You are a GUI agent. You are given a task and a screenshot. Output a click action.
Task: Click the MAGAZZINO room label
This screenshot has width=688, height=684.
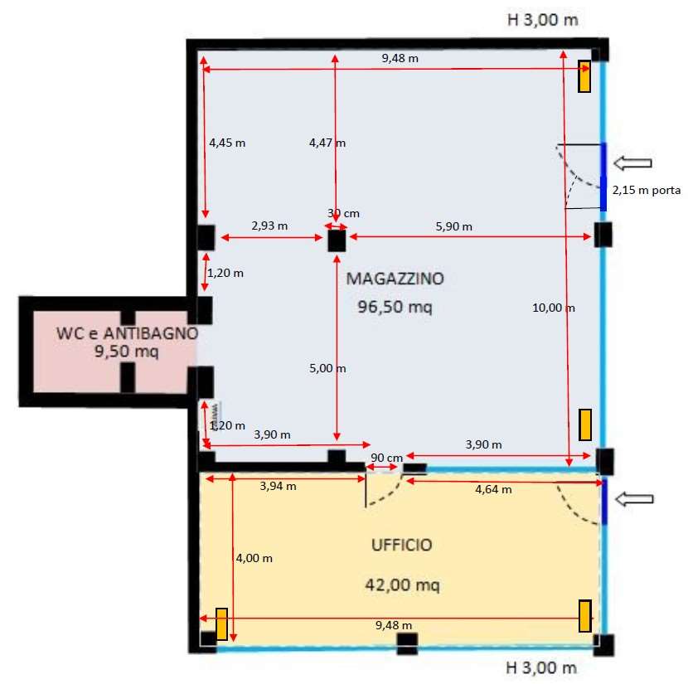tap(395, 279)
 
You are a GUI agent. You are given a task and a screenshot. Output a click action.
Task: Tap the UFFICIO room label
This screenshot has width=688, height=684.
tap(402, 545)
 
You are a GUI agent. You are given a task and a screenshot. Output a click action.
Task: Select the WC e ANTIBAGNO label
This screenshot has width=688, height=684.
tap(128, 333)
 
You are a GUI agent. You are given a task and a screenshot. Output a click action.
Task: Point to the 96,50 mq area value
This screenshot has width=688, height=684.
tap(395, 307)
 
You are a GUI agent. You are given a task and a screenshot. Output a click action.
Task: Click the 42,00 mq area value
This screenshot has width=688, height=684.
tap(402, 585)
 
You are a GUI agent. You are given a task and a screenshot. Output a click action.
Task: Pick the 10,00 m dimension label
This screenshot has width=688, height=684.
tap(553, 308)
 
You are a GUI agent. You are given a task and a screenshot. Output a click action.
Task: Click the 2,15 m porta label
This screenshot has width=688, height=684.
tap(647, 190)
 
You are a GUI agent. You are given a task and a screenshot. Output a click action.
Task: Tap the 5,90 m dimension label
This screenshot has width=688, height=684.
tap(453, 226)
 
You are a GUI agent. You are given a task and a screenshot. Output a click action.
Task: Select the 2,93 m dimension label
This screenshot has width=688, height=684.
tap(269, 226)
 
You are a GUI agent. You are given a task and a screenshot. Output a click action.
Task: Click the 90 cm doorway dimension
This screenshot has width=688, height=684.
tap(386, 458)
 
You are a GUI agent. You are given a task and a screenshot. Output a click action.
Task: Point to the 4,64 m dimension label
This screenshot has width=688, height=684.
tap(493, 489)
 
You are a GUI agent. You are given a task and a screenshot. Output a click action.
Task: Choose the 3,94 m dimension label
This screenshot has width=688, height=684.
tap(278, 486)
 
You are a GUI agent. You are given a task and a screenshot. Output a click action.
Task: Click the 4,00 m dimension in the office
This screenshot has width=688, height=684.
tap(254, 558)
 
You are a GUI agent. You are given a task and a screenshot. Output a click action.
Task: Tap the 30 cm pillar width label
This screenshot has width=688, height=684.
tap(343, 213)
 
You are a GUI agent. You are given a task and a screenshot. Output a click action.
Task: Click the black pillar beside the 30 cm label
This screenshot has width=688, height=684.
tap(337, 241)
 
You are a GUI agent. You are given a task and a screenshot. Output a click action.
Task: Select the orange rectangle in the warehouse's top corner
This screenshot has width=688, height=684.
tap(584, 76)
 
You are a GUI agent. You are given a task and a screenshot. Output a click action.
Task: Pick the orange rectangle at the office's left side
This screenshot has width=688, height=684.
tap(221, 624)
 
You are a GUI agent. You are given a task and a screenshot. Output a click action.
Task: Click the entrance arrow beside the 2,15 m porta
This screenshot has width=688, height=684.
tap(632, 163)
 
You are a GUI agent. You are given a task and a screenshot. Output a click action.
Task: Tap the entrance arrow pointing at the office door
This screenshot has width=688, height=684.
tap(634, 499)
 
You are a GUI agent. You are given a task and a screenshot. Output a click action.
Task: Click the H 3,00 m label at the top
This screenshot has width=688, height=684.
tap(542, 20)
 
